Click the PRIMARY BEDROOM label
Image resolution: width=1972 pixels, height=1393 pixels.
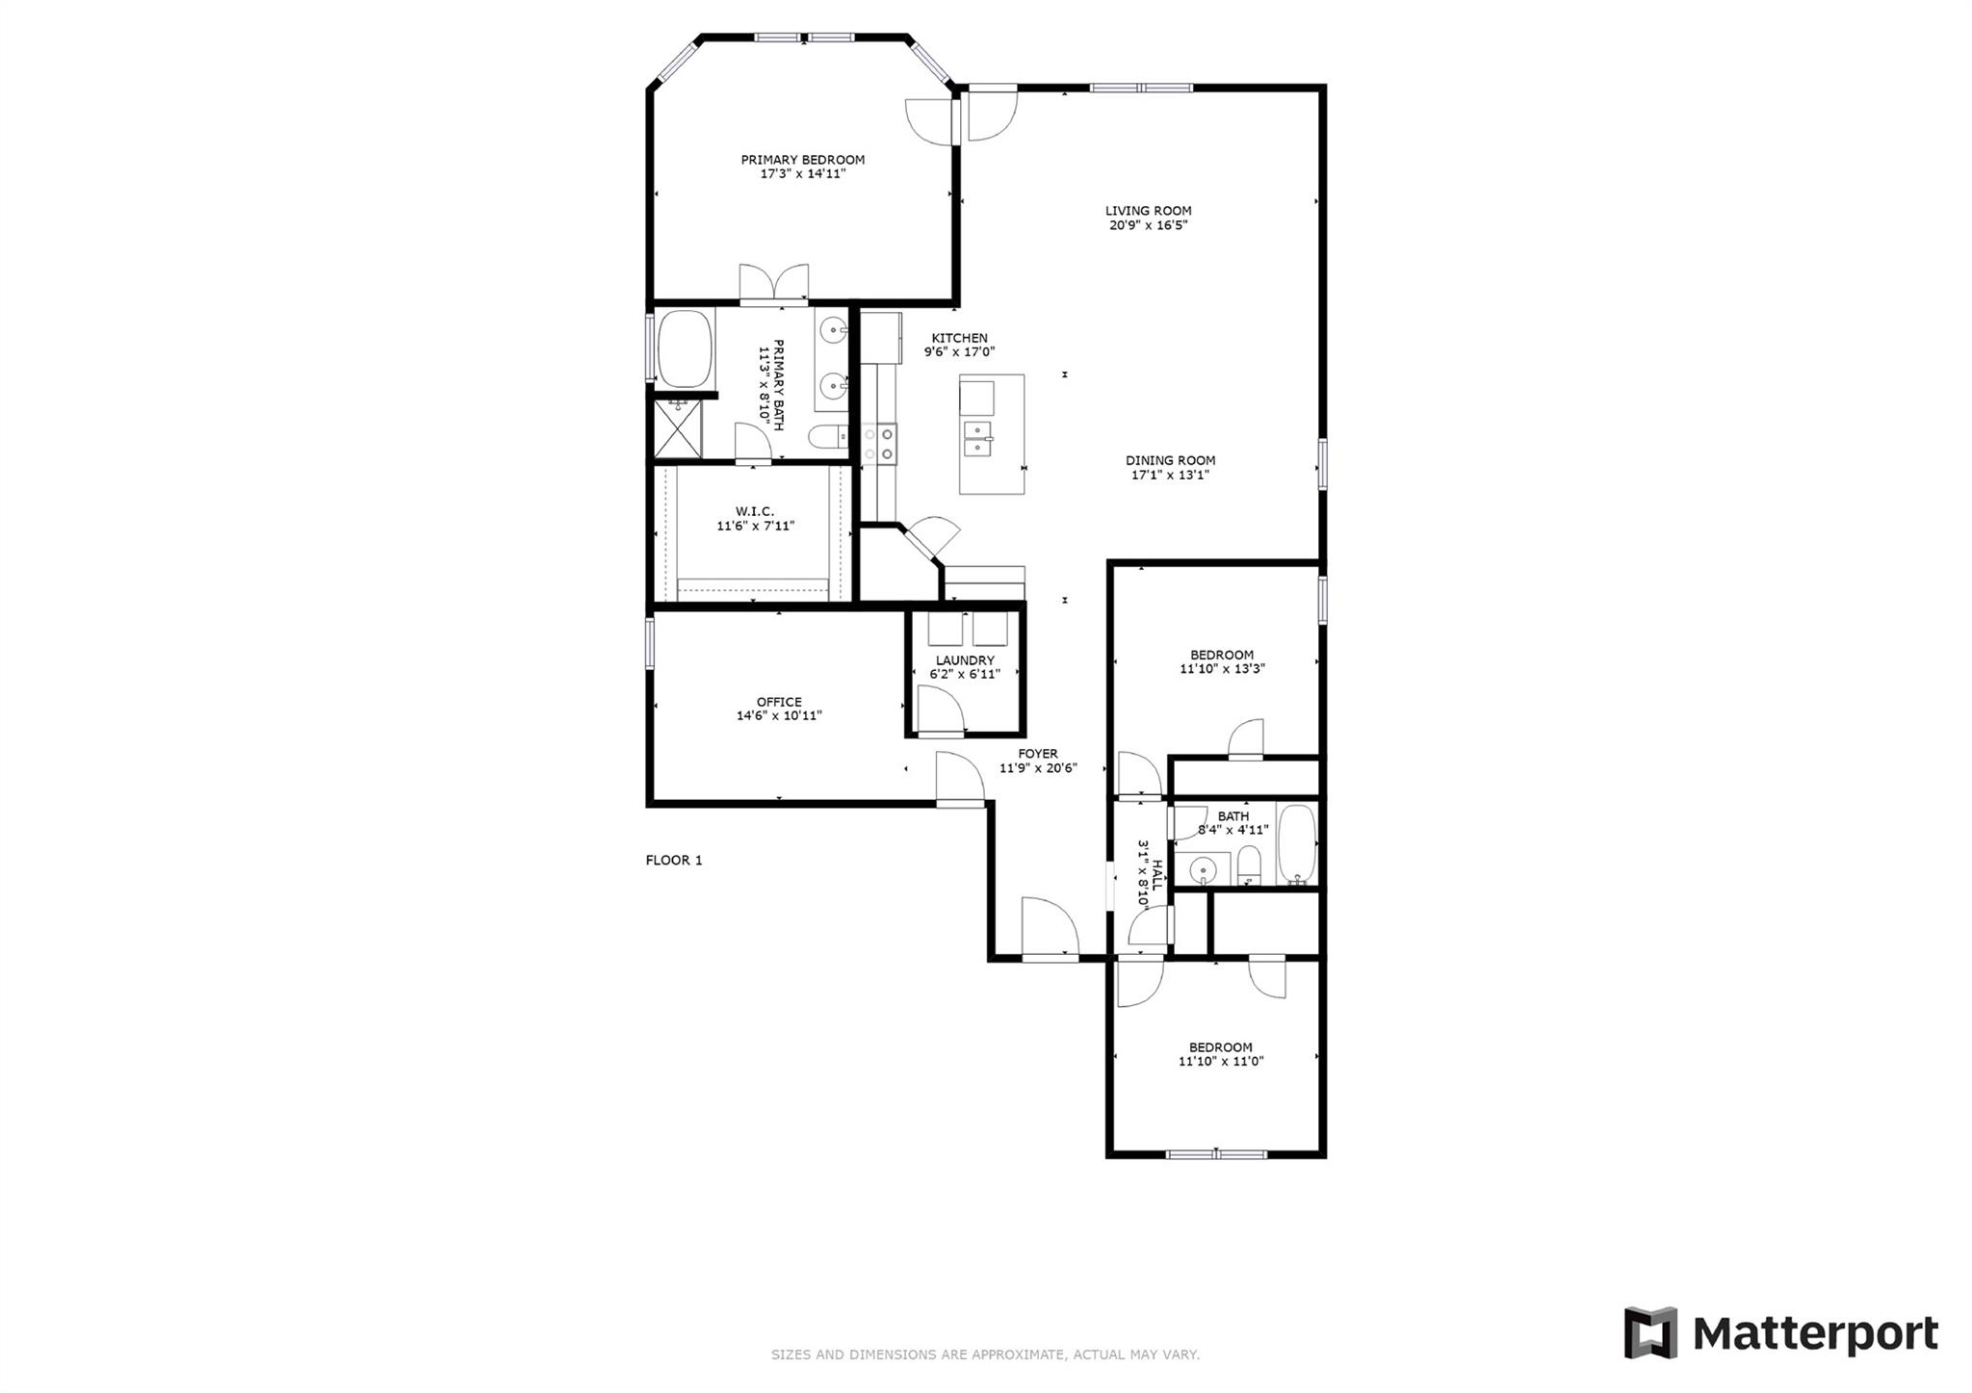(802, 160)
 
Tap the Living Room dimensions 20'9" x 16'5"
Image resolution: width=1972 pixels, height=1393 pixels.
(1148, 225)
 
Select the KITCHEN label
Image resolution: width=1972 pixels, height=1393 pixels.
(959, 338)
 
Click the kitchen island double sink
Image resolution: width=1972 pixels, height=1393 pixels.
(978, 438)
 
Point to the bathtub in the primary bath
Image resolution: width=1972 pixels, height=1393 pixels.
(685, 348)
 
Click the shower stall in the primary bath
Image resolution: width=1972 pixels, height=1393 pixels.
(679, 428)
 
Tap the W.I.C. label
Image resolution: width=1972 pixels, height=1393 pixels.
(754, 511)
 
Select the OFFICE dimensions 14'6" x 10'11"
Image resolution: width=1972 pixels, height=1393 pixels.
(779, 715)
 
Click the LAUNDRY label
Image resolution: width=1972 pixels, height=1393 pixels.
(965, 660)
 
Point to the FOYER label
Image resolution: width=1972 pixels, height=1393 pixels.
(1038, 754)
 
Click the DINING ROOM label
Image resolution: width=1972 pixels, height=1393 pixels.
(1170, 460)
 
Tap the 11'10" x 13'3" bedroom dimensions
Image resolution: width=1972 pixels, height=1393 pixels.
(1222, 668)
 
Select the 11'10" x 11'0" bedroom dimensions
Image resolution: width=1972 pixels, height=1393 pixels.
(1220, 1061)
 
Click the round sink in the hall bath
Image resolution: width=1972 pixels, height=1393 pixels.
(1202, 870)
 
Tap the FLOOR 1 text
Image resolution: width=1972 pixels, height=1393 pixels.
(674, 860)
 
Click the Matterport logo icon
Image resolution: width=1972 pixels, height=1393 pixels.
(1650, 1333)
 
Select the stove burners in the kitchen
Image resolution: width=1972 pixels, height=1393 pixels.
(879, 443)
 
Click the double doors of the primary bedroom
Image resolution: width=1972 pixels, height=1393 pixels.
(773, 282)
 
